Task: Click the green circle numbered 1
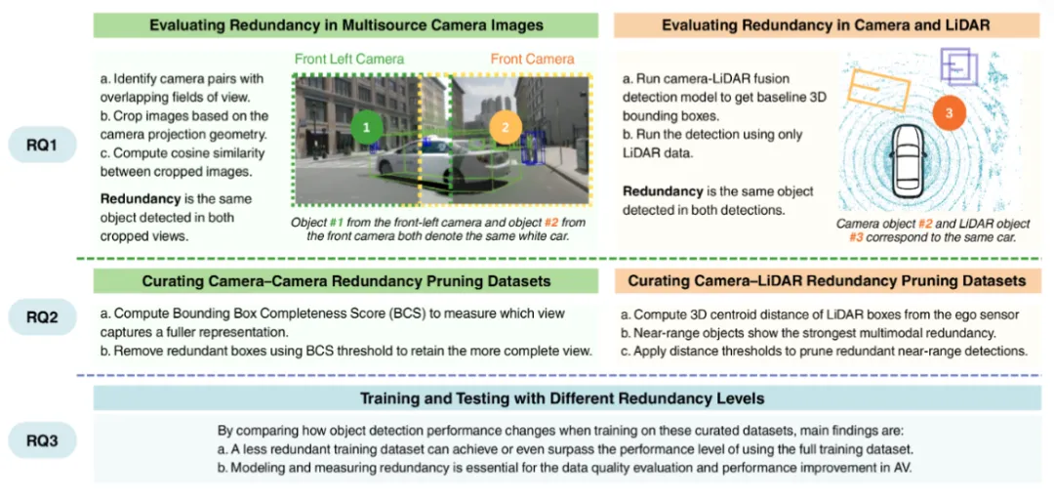tap(365, 128)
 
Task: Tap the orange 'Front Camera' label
tap(532, 60)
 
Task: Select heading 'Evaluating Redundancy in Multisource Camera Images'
tap(346, 23)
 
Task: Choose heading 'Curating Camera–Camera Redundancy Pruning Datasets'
tap(346, 281)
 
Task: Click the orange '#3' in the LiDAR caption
tap(996, 236)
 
